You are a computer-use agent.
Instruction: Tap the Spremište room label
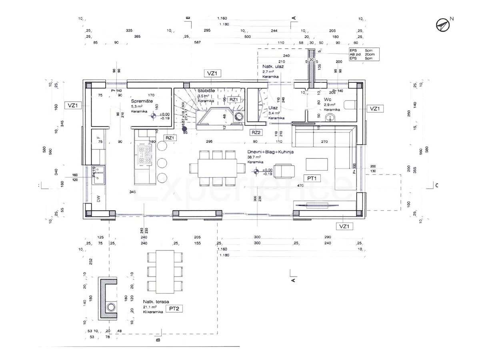tap(142, 101)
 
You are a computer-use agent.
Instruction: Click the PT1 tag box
tap(312, 178)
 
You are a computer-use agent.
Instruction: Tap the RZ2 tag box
tap(256, 132)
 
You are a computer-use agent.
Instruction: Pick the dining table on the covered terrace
tap(165, 272)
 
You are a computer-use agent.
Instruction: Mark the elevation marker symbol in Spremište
tap(152, 116)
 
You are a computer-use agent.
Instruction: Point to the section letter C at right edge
tap(437, 185)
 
